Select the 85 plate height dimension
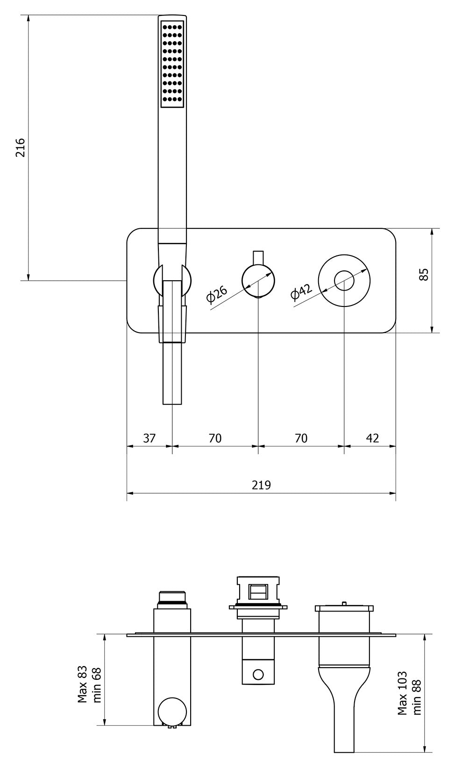click(423, 274)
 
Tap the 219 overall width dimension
click(261, 485)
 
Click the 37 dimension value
click(149, 438)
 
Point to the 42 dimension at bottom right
click(372, 438)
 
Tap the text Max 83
click(83, 685)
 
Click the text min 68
click(97, 685)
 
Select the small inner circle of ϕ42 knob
click(344, 281)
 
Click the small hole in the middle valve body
click(258, 674)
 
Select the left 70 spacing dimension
click(215, 438)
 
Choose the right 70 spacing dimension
click(301, 438)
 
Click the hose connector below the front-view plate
click(172, 372)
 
